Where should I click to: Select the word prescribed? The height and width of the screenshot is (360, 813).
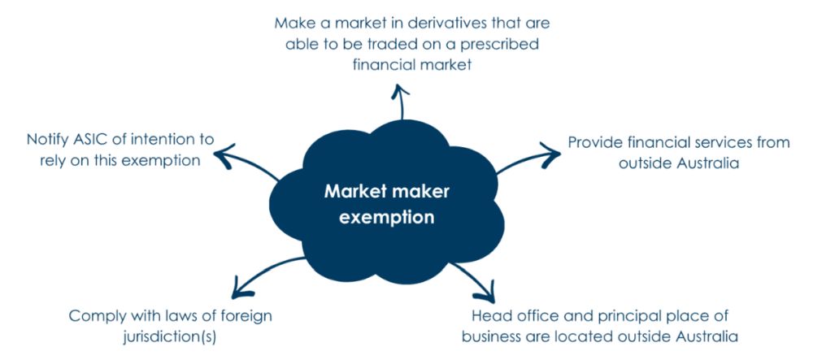(500, 44)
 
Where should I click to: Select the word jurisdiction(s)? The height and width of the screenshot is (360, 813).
(169, 337)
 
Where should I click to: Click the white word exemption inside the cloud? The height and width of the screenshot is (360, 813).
(387, 217)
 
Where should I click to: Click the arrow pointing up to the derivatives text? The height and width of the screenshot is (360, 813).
(400, 102)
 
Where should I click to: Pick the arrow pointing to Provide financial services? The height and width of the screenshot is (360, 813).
(526, 157)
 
